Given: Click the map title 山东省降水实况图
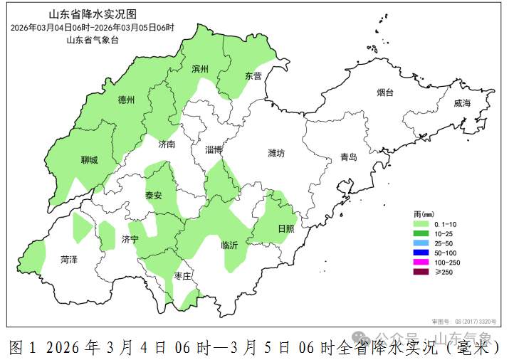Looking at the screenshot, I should click(x=93, y=14).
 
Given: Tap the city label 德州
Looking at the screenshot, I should click(x=126, y=100).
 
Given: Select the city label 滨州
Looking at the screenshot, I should click(x=200, y=70).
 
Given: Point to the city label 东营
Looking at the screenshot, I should click(x=253, y=75).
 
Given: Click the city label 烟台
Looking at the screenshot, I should click(x=385, y=92).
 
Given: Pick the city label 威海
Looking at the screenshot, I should click(x=463, y=103).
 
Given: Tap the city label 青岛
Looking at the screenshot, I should click(x=349, y=157).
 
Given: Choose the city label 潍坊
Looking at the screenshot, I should click(x=276, y=153).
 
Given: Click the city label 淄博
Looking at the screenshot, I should click(x=214, y=149).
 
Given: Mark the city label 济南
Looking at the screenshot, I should click(x=167, y=144).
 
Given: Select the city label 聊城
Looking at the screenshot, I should click(x=90, y=160).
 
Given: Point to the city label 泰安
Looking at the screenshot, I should click(x=154, y=195).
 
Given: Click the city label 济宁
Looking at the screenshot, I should click(x=130, y=239).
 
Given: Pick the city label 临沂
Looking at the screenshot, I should click(x=229, y=244).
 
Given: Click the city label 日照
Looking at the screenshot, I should click(x=285, y=228).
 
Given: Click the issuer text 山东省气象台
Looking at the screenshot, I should click(x=93, y=40).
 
